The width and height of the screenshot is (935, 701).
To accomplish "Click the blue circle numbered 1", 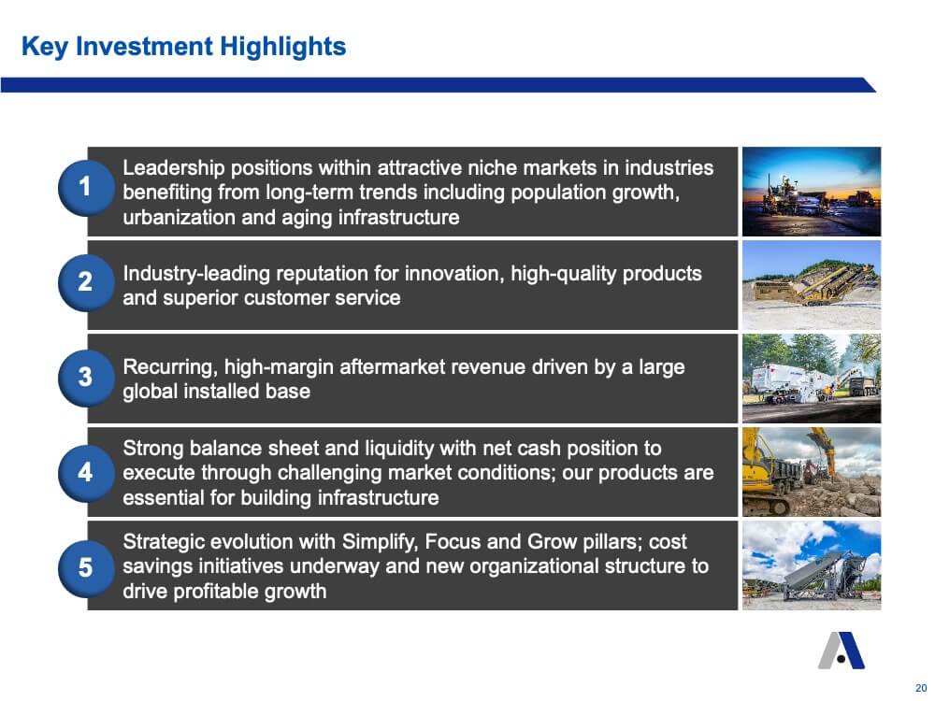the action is [x=86, y=188].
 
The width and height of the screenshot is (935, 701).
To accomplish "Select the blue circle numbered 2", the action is [x=86, y=282].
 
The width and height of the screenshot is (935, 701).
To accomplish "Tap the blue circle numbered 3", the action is [x=86, y=378].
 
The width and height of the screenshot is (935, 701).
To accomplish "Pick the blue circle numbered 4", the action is [x=86, y=473].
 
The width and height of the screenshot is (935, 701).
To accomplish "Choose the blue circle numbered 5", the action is [x=86, y=568].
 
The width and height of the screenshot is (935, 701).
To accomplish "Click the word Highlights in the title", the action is [x=282, y=47].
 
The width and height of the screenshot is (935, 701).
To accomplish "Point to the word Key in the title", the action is [x=45, y=47].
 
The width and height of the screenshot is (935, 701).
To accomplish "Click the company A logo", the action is [x=841, y=651].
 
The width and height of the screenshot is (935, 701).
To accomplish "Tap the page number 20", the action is [x=921, y=688].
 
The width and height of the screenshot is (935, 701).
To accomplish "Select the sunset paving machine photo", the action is [x=811, y=192].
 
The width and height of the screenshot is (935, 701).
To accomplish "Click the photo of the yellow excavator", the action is [x=811, y=471].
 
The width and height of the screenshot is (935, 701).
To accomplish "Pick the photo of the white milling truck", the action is [x=811, y=379].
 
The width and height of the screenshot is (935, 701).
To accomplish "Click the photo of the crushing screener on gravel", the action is [x=811, y=285].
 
